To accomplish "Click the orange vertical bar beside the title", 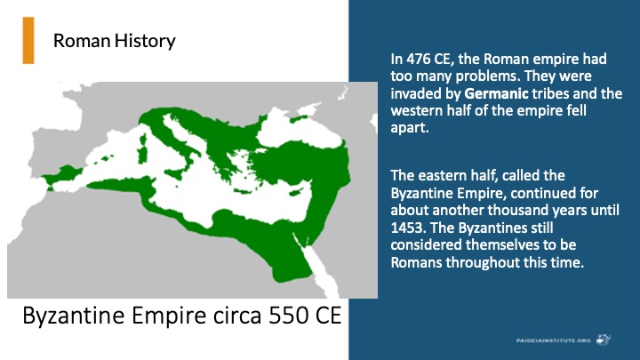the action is pos(28,40).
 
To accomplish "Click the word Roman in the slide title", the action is pos(82,41).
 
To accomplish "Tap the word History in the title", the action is pos(145,42).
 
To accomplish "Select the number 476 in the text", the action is pos(419,60).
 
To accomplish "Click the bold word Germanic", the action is pos(496,94).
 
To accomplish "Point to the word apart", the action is pos(410,128).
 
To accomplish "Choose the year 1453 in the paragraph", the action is pos(408,228).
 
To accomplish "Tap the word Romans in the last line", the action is pos(416,262).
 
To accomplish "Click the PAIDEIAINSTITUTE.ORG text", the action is pos(554,340).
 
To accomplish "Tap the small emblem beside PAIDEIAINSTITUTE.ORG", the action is pos(604,340).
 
